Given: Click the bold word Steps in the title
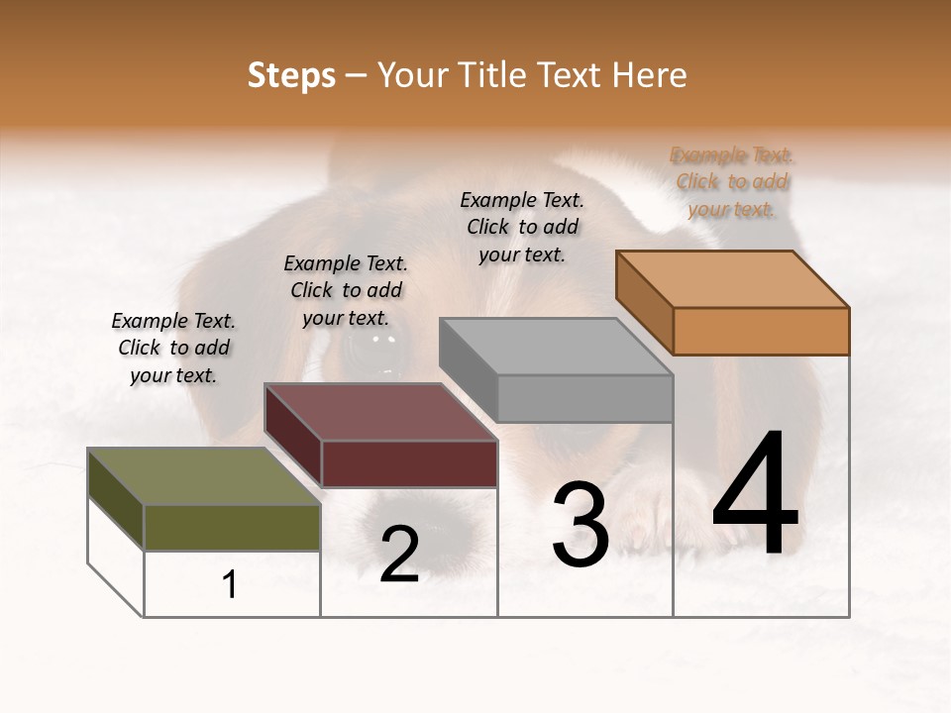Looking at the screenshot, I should coord(291,75).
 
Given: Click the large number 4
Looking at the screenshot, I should coord(755,495).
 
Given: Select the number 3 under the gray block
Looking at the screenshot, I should coord(581,525).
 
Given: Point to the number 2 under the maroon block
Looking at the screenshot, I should coord(399,555).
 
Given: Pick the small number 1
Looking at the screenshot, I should coord(230,584).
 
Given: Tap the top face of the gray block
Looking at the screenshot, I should coord(556,347).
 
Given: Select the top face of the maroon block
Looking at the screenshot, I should coord(380,412).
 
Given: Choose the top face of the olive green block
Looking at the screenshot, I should coord(204,476).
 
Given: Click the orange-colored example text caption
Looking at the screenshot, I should coord(732,181).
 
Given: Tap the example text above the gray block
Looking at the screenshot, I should coord(522,227).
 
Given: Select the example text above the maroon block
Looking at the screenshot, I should coord(346,290).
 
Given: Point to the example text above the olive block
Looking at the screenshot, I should coord(173,348).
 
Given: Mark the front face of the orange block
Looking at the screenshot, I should coord(761,331).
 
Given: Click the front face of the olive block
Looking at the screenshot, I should coord(232,527).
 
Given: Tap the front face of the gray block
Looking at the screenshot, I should coord(584,398).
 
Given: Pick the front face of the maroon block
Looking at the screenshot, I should coord(409,463).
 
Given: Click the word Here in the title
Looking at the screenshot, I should coord(650,75).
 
